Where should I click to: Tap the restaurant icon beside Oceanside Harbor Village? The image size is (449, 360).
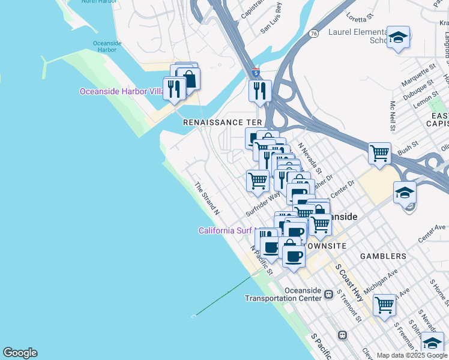[x=174, y=89]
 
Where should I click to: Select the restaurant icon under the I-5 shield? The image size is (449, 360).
[x=260, y=91]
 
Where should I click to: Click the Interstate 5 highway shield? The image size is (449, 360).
[x=256, y=71]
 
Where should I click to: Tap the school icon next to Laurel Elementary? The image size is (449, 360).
[x=398, y=38]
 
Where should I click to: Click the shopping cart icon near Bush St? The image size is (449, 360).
[x=379, y=154]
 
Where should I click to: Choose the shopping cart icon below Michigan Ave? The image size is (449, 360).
[x=384, y=304]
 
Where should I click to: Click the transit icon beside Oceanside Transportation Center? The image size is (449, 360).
[x=328, y=294]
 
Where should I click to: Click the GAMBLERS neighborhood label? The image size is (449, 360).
[x=383, y=256]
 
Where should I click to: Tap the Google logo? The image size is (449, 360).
[x=20, y=352]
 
